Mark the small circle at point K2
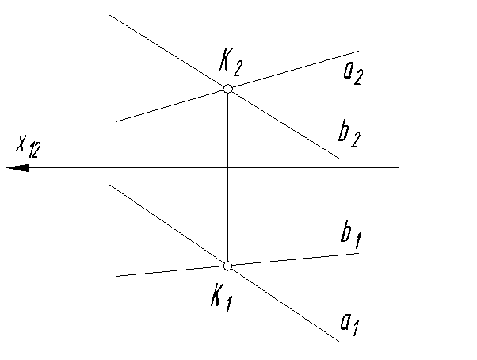tap(227, 89)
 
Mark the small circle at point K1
tap(227, 266)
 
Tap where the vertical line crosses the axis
tap(227, 168)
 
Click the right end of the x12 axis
tap(398, 168)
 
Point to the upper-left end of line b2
tap(109, 14)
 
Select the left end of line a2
tap(116, 121)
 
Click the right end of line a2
tap(359, 52)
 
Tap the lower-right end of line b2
tap(339, 159)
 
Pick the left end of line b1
tap(116, 276)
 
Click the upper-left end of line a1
tap(109, 185)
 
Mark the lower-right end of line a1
tap(339, 341)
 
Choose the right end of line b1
tap(361, 253)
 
